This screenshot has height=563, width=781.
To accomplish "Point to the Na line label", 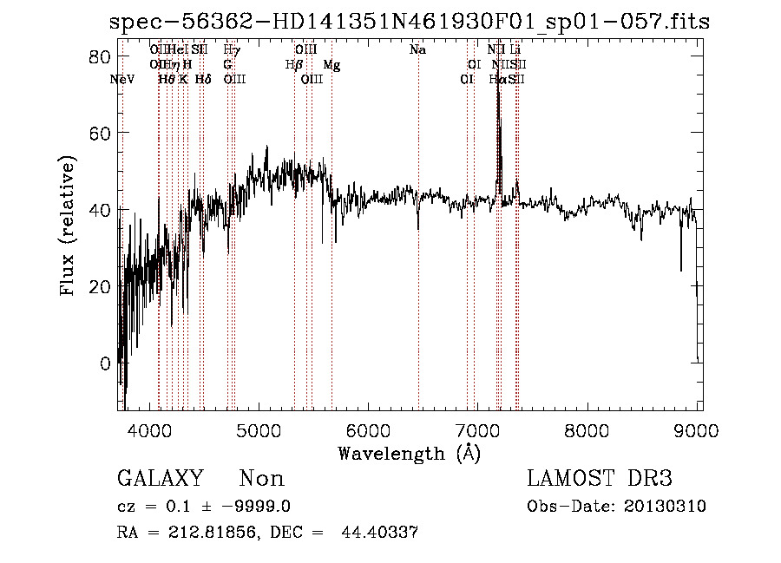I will [x=417, y=50].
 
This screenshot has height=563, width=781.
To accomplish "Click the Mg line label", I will [x=331, y=65].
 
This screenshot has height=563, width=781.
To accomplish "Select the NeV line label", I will [x=123, y=79].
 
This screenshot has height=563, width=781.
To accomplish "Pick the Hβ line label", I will [x=293, y=65].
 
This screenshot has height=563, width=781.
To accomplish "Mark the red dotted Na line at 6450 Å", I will [x=418, y=260].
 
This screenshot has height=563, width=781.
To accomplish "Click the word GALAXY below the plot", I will [x=160, y=479].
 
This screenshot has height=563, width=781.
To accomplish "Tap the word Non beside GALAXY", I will [x=261, y=479].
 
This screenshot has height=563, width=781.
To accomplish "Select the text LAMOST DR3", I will [x=599, y=479].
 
